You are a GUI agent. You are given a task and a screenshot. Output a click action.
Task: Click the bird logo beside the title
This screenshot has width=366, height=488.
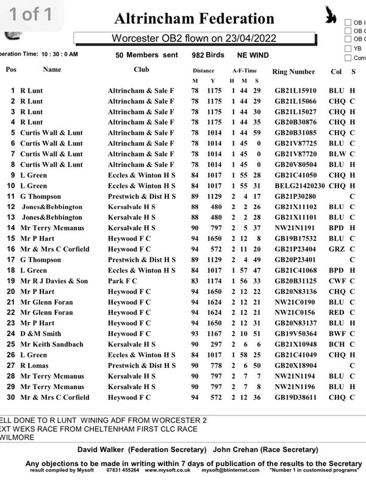(332, 15)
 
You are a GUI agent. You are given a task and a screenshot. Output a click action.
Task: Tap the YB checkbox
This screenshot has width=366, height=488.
(348, 48)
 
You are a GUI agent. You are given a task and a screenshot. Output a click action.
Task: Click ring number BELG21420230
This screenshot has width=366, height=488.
(300, 186)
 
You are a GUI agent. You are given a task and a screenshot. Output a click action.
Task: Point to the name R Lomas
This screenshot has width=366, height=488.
(36, 365)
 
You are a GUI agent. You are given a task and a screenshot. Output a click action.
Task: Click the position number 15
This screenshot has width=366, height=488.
(11, 239)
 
